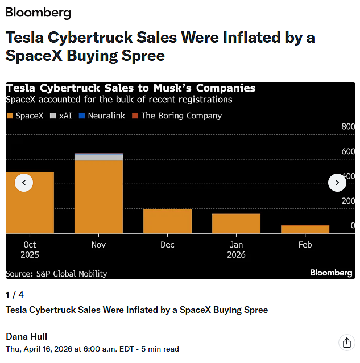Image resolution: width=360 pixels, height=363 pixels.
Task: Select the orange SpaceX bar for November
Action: [x=98, y=197]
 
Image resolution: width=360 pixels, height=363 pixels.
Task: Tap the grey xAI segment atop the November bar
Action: [x=98, y=158]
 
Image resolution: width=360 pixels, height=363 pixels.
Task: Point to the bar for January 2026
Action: [x=236, y=223]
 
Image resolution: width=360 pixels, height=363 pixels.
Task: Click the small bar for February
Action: [x=305, y=229]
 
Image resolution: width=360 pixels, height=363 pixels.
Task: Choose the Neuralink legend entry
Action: [x=102, y=115]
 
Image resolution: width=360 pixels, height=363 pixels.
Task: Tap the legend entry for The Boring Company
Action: [x=176, y=115]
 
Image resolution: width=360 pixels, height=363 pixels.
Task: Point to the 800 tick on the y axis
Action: [x=348, y=126]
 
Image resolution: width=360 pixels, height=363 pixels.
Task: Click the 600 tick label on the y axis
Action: [x=348, y=151]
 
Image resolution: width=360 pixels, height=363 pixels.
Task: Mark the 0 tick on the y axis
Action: [x=353, y=226]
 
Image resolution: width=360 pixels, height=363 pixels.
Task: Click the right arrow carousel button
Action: [x=337, y=183]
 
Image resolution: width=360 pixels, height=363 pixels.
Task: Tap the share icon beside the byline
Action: [x=346, y=342]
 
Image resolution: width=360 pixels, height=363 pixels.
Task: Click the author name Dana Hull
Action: [x=26, y=336]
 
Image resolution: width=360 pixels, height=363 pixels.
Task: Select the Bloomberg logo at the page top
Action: [x=38, y=13]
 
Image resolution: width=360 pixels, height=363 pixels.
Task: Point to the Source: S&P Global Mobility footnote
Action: [x=56, y=274]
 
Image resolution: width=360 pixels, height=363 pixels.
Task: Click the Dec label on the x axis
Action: [x=167, y=245]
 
